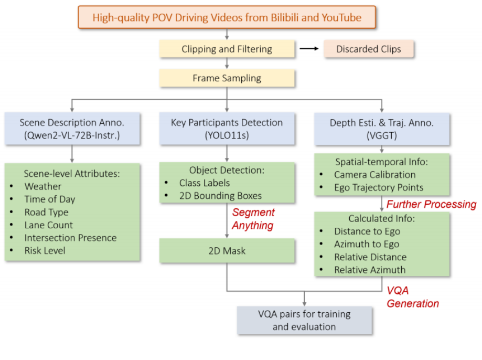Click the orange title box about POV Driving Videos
click(x=227, y=17)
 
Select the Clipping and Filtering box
click(x=227, y=49)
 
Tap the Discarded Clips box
click(x=368, y=49)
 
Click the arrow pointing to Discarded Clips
click(x=309, y=49)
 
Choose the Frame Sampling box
click(x=227, y=78)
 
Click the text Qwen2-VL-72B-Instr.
click(x=72, y=135)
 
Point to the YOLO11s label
click(x=227, y=135)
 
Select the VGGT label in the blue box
click(x=382, y=135)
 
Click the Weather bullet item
click(x=43, y=186)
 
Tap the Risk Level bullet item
click(x=45, y=251)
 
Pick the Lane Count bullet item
click(x=49, y=225)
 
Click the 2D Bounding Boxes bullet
click(x=220, y=196)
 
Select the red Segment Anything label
click(x=253, y=218)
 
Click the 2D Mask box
click(x=227, y=251)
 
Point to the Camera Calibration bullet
click(x=374, y=175)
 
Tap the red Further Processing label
click(x=431, y=204)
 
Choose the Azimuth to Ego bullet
click(x=367, y=244)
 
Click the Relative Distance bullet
click(x=370, y=257)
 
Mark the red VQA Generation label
click(x=413, y=297)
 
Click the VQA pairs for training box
click(x=304, y=320)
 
